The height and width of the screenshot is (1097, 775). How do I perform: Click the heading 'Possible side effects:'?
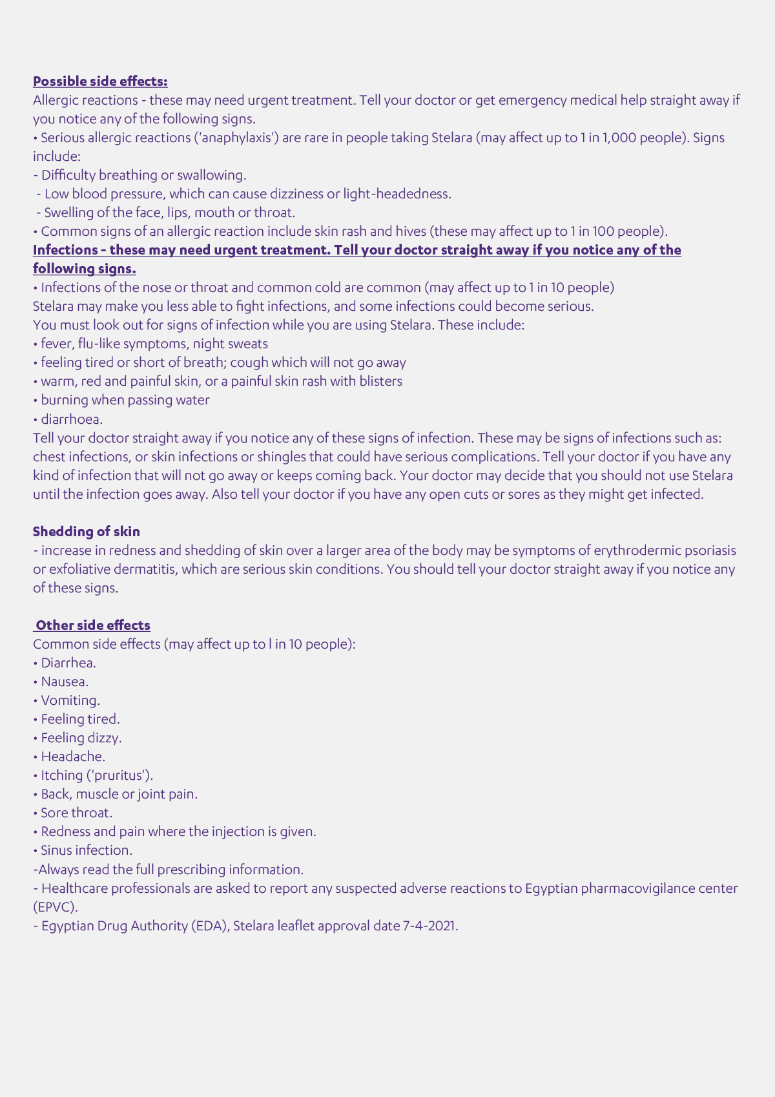click(100, 81)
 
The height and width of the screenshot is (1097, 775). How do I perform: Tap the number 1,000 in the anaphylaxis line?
click(618, 138)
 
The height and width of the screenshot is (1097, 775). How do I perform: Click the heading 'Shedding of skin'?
click(87, 532)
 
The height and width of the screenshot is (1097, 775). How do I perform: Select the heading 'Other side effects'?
click(92, 625)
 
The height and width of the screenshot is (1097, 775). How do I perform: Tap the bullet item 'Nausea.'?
click(65, 682)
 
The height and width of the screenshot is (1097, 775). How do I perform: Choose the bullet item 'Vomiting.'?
click(70, 700)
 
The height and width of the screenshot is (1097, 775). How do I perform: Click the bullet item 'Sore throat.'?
click(76, 813)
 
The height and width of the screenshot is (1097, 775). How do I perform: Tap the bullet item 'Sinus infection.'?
click(87, 850)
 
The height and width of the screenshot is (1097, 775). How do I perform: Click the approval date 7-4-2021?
click(429, 926)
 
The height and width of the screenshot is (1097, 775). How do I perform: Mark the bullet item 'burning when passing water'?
click(125, 400)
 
